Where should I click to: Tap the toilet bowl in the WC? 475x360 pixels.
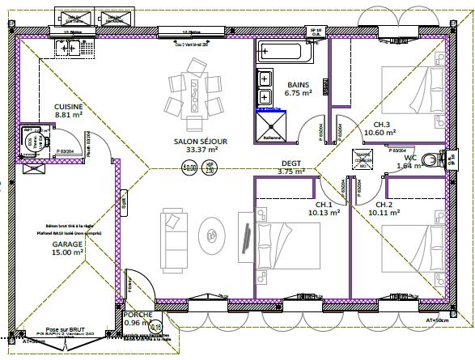(441, 159)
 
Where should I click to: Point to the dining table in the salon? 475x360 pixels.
(195, 95)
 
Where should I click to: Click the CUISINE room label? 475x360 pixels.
(69, 107)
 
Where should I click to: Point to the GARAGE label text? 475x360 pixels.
(68, 244)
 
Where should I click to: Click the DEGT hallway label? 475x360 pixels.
(290, 163)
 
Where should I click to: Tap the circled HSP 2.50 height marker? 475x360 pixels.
(210, 168)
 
